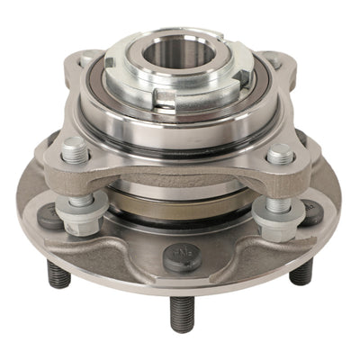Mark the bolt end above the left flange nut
click(x=73, y=147)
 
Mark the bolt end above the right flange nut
click(x=279, y=153)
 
